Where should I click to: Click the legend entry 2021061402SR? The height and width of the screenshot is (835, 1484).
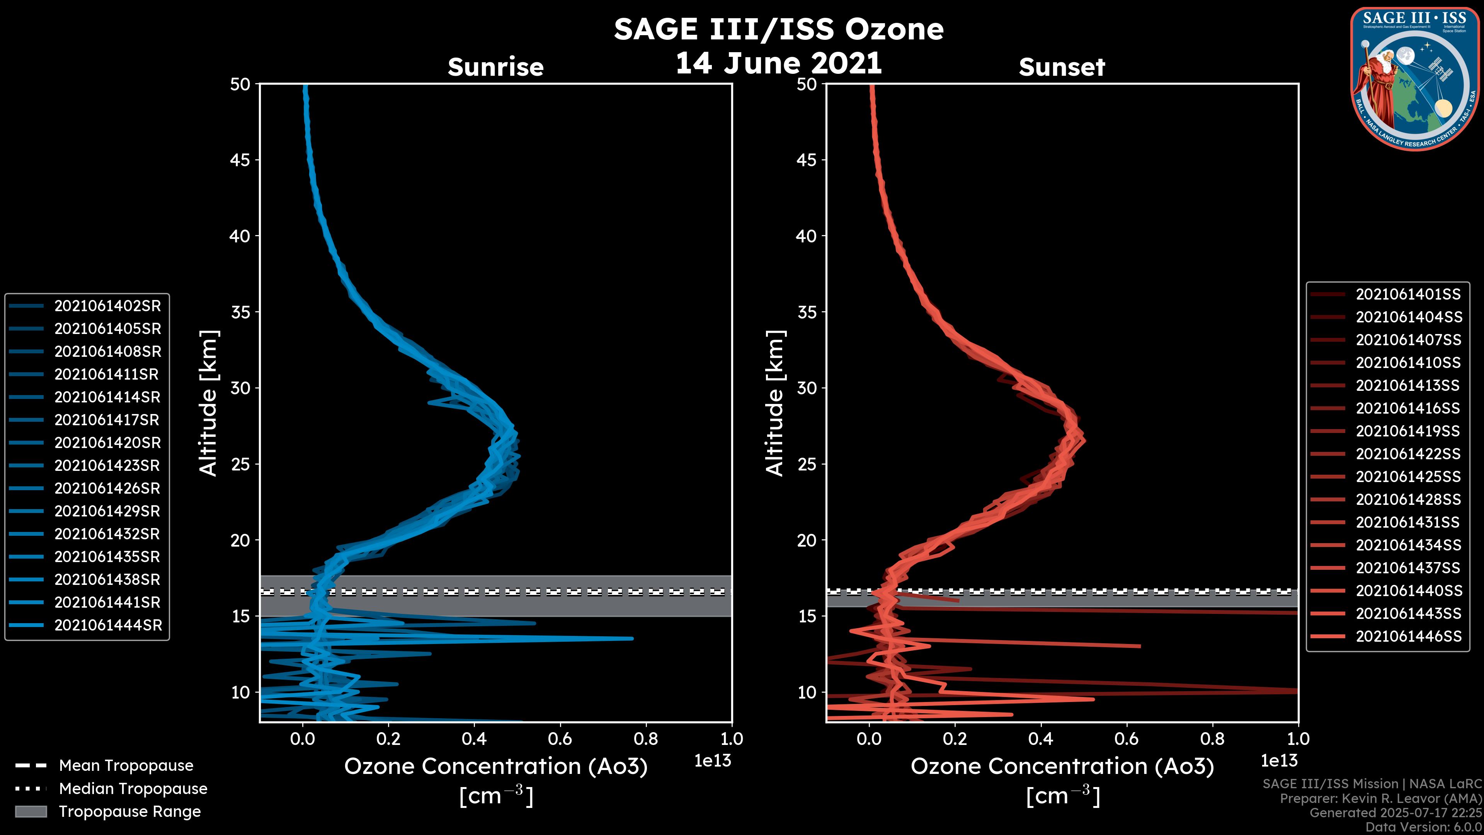tap(107, 306)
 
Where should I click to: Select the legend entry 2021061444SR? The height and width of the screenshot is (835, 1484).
tap(108, 625)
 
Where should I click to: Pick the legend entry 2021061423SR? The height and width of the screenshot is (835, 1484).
tap(107, 465)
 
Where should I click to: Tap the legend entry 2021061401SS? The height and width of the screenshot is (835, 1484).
tap(1408, 295)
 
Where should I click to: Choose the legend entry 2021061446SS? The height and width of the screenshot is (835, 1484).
tap(1409, 636)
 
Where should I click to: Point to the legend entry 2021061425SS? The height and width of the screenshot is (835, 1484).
tap(1408, 477)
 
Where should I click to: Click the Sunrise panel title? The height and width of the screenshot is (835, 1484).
tap(495, 67)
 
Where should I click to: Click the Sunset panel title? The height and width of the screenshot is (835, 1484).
tap(1062, 67)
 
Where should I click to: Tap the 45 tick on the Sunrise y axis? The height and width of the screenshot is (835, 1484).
tap(240, 160)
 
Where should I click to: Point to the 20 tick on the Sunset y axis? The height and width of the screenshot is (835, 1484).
tap(807, 540)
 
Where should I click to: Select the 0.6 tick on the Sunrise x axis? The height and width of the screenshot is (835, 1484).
tap(560, 739)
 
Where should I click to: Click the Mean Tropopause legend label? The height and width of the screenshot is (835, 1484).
tap(126, 766)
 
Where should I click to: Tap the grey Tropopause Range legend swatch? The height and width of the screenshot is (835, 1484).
tap(31, 811)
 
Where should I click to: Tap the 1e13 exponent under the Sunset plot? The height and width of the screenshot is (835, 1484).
tap(1279, 761)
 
